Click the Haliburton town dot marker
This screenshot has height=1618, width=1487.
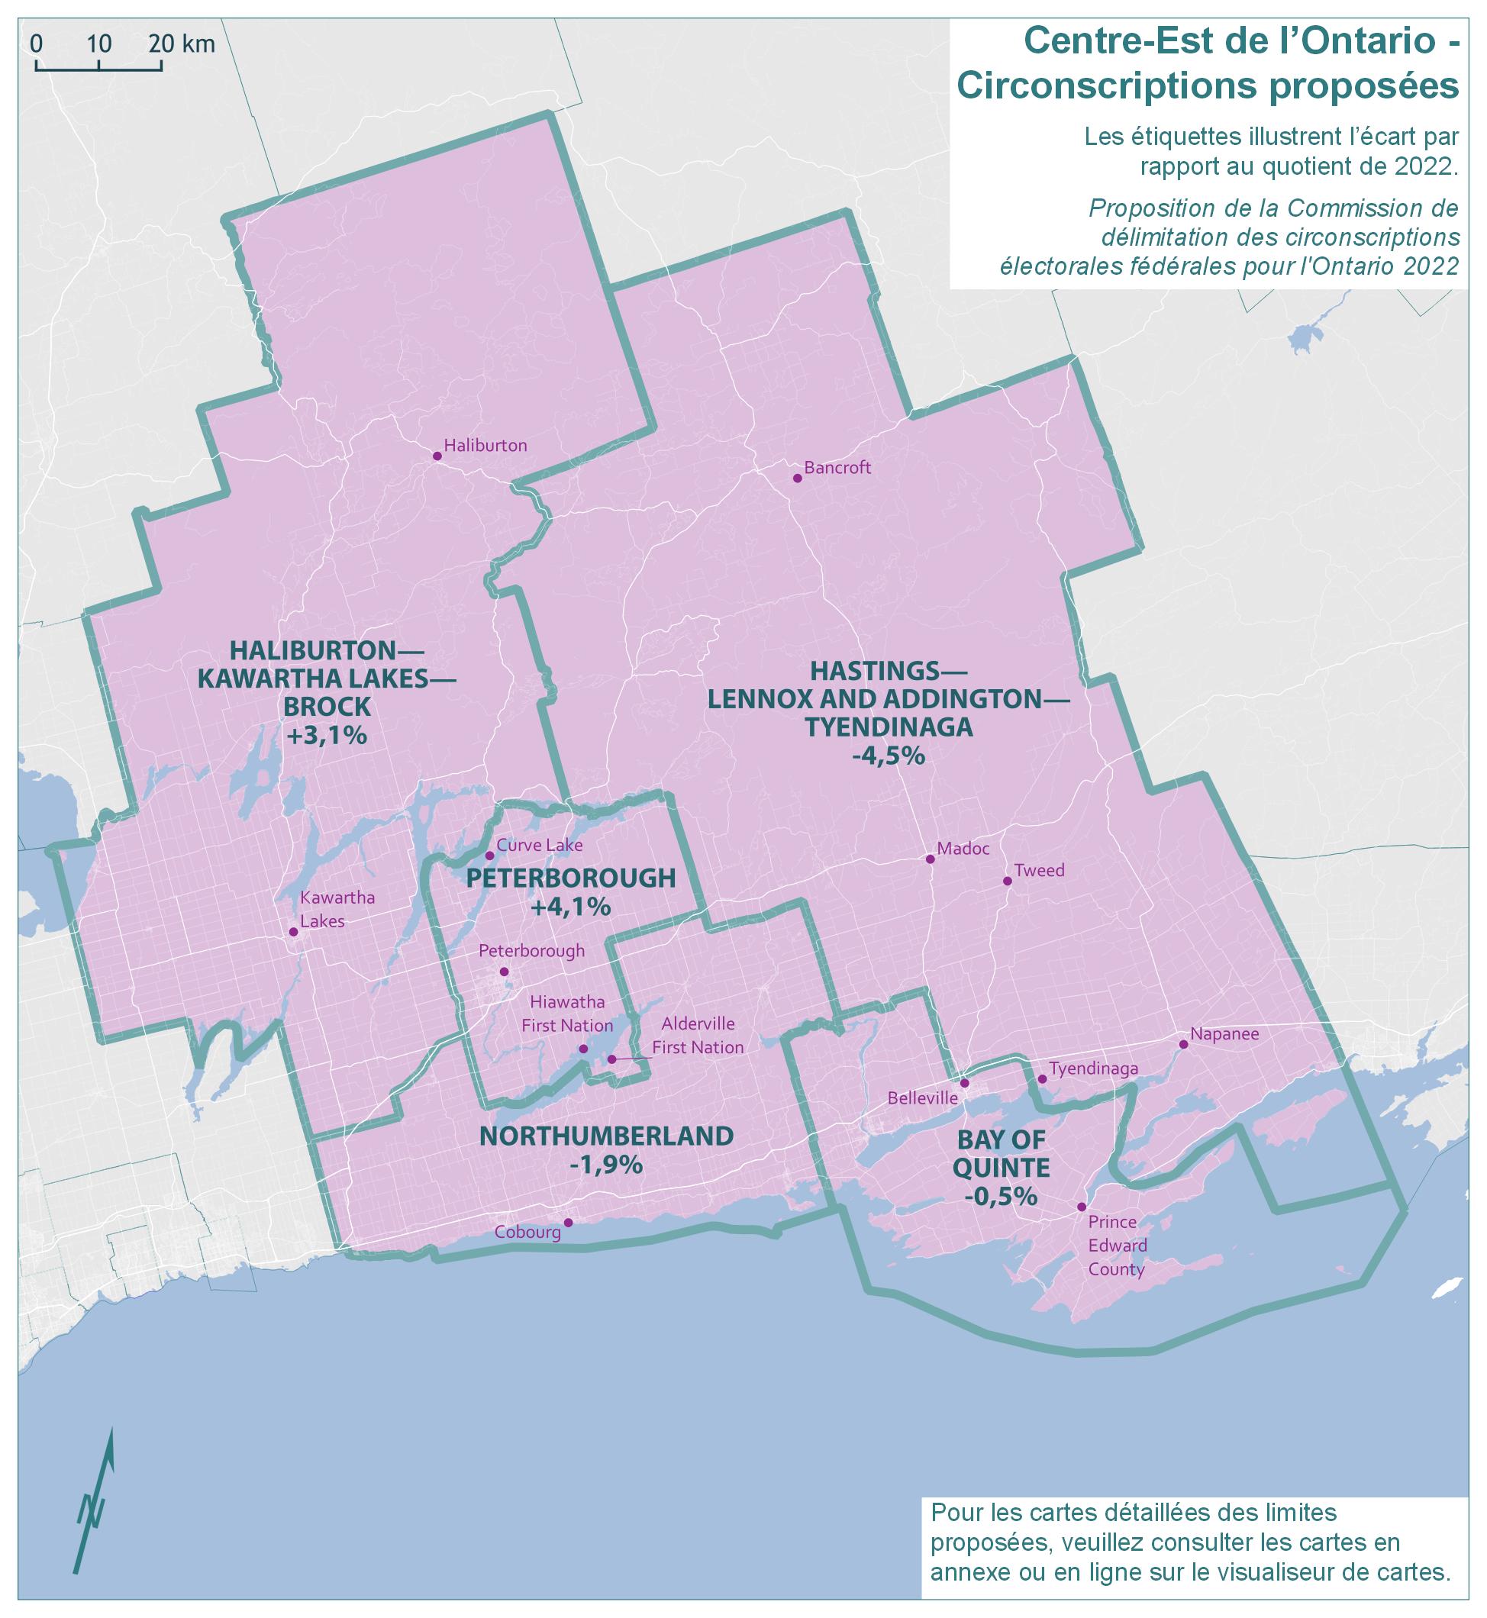coord(437,456)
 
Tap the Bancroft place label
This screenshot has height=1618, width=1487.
coord(837,469)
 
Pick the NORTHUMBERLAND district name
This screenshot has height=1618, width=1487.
coord(607,1136)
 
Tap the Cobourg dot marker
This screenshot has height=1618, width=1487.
coord(568,1223)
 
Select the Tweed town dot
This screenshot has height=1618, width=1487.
coord(1007,881)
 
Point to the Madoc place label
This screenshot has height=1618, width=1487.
coord(963,848)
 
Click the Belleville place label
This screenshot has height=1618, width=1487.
coord(922,1098)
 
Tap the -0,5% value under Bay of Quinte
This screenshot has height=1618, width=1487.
coord(1001,1197)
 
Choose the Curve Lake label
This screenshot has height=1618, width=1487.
coord(539,846)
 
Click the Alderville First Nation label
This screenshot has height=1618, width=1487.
coord(698,1036)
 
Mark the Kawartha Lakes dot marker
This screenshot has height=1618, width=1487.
coord(294,932)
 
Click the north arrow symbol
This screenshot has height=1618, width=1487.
coord(95,1500)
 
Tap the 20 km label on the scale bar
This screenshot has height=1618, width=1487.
coord(182,44)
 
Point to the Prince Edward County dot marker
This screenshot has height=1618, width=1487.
coord(1082,1207)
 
